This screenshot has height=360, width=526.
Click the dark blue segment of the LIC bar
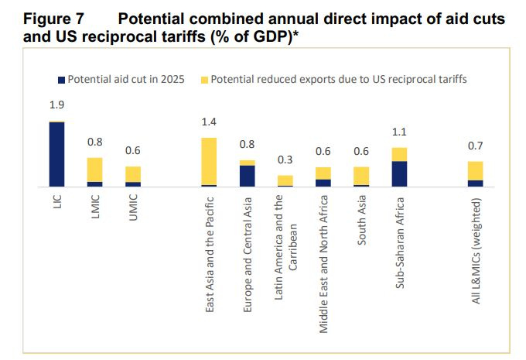click(56, 155)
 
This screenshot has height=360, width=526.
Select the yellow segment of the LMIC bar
click(94, 170)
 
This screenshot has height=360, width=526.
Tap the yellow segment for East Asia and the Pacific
click(209, 161)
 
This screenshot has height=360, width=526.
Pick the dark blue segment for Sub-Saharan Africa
click(399, 174)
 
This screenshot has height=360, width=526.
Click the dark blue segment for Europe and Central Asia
click(247, 177)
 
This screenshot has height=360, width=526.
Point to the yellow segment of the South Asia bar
click(361, 176)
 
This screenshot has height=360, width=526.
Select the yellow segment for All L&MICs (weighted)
click(476, 171)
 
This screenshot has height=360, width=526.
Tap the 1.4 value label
click(209, 122)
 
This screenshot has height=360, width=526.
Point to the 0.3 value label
click(285, 160)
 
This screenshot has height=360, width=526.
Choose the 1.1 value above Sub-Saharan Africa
click(399, 132)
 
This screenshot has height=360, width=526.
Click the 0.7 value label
click(476, 146)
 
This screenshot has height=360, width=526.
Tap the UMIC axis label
click(133, 208)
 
